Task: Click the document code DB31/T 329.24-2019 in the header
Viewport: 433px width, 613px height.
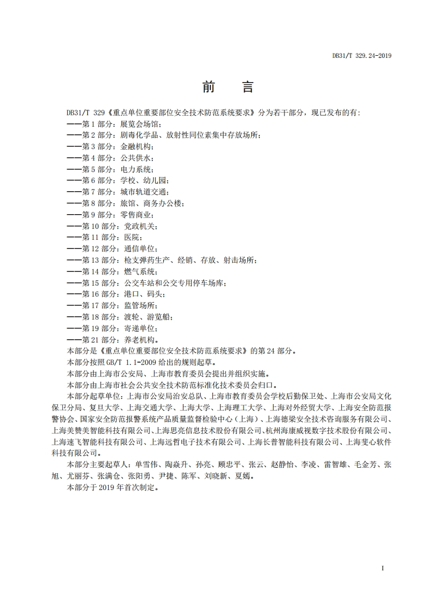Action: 362,55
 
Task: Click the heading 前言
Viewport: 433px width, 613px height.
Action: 228,87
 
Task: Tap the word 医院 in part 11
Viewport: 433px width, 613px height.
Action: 132,238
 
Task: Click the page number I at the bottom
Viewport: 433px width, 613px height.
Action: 383,569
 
